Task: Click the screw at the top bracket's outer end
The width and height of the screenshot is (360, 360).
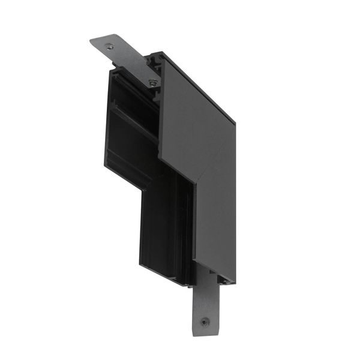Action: coord(109,46)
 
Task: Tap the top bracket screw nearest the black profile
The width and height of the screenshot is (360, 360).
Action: coord(153,82)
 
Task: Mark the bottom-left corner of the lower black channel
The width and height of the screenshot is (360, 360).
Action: coord(143,272)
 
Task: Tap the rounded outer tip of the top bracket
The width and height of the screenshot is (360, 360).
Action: coord(92,41)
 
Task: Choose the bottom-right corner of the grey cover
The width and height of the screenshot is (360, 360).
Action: coord(235,282)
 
